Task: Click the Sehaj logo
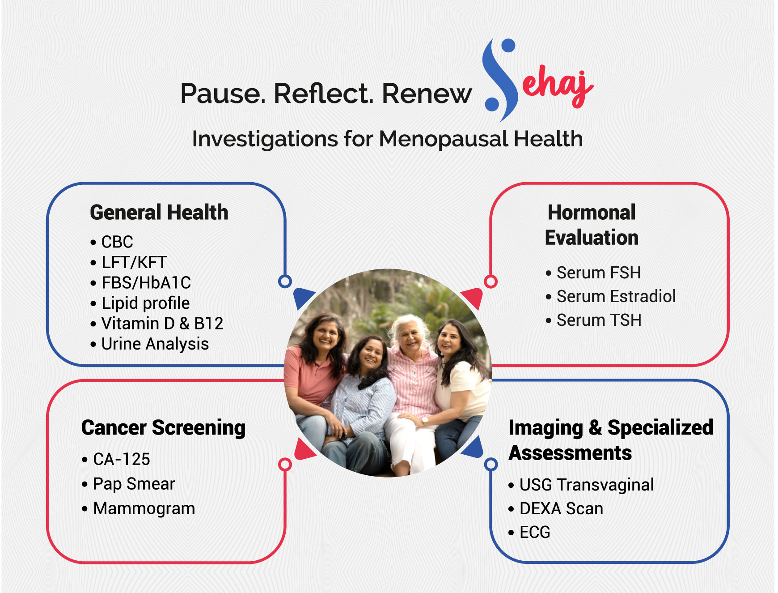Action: pyautogui.click(x=537, y=81)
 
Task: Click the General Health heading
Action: pyautogui.click(x=159, y=213)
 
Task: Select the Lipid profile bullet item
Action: pyautogui.click(x=145, y=303)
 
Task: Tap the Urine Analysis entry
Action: pyautogui.click(x=155, y=344)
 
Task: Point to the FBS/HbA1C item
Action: pyautogui.click(x=146, y=283)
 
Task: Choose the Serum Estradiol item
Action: pyautogui.click(x=616, y=296)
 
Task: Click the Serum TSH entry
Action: pyautogui.click(x=599, y=320)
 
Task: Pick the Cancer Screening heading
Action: pyautogui.click(x=164, y=427)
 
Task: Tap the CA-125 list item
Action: pyautogui.click(x=121, y=459)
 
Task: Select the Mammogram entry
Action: pyautogui.click(x=144, y=508)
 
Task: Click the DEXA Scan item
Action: pyautogui.click(x=561, y=508)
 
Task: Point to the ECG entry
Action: pyautogui.click(x=535, y=532)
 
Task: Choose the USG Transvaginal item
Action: pyautogui.click(x=586, y=485)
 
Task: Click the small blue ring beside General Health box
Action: pyautogui.click(x=285, y=282)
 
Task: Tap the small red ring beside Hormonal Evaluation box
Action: pyautogui.click(x=490, y=282)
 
